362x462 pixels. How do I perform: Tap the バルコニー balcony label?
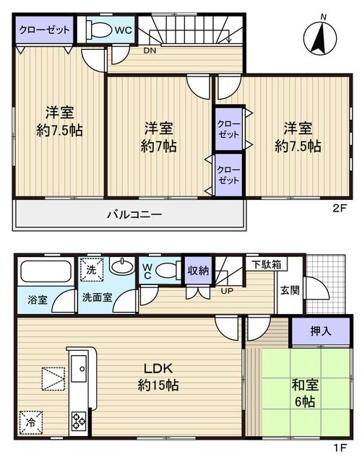pos(134,214)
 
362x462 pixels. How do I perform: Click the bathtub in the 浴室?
pos(45,273)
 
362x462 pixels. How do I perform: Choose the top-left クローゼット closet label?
pos(44,30)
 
